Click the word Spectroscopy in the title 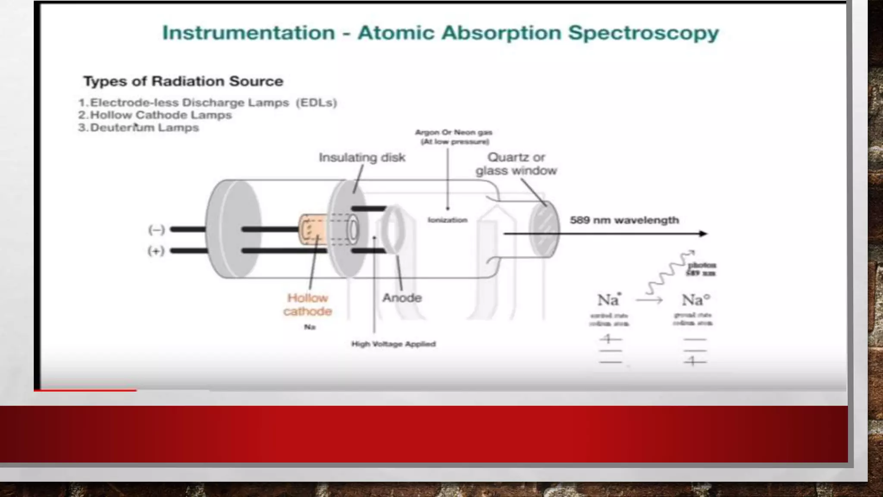tap(643, 33)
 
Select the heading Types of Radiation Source tap(183, 81)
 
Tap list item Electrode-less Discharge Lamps tap(207, 103)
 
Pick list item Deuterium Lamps tap(139, 128)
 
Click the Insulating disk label tap(362, 157)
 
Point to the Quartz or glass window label tap(516, 164)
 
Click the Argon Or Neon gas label tap(454, 137)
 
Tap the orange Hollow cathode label tap(307, 305)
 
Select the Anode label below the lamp tap(402, 298)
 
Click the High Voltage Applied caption tap(393, 344)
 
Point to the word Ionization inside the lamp tap(448, 220)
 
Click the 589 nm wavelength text tap(624, 220)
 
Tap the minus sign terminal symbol tap(156, 230)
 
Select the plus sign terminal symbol tap(156, 251)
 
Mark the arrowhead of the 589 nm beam tap(703, 234)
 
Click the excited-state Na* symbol tap(608, 299)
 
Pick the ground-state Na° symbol tap(695, 299)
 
